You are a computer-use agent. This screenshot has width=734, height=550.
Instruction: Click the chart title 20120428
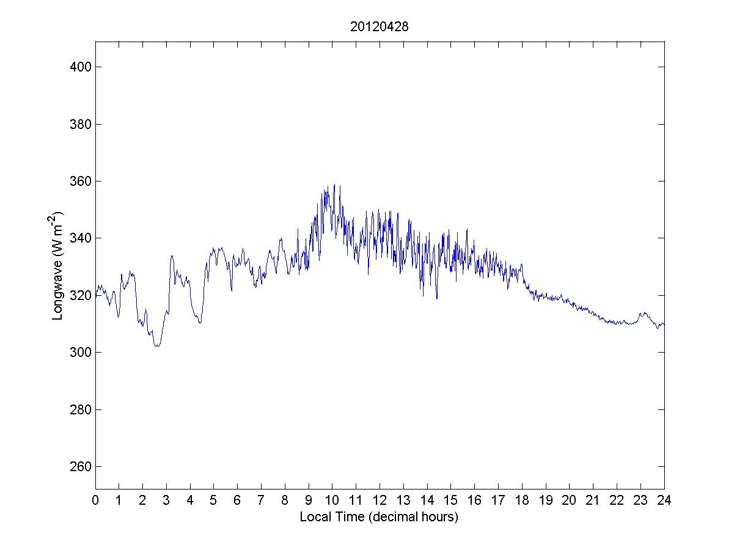(380, 27)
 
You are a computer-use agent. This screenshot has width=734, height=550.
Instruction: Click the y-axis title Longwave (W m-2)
(57, 265)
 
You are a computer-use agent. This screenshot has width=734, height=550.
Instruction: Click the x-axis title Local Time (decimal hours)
(379, 517)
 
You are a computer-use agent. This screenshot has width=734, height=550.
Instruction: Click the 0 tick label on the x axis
(95, 501)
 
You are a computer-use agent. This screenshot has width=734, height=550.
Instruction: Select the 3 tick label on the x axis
(166, 501)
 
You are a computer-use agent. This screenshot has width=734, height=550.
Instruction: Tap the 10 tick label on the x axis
(332, 501)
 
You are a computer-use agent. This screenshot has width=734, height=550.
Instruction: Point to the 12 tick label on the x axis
(380, 501)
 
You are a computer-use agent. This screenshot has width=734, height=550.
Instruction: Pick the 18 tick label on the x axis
(522, 501)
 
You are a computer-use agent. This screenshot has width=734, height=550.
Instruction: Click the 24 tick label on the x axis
(664, 501)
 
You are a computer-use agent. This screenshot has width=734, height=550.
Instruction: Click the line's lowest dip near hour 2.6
(157, 346)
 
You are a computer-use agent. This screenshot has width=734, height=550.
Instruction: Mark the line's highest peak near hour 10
(334, 185)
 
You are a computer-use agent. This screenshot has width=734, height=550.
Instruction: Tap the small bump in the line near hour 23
(643, 313)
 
